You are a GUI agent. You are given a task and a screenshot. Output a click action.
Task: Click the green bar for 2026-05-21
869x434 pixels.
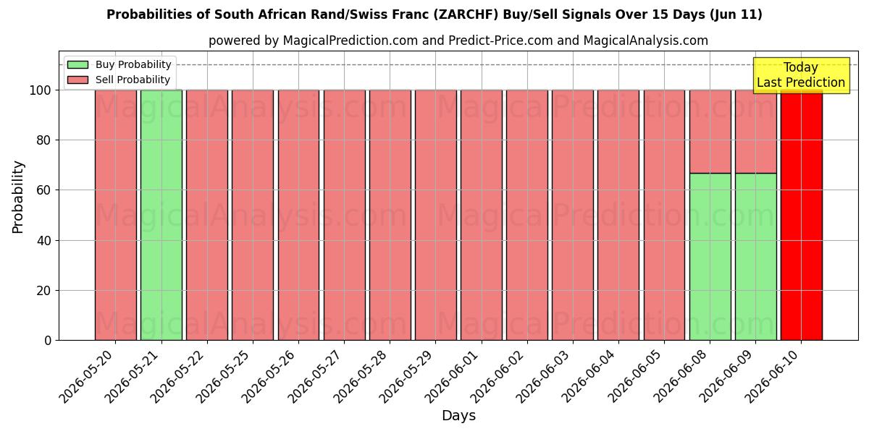pyautogui.click(x=161, y=215)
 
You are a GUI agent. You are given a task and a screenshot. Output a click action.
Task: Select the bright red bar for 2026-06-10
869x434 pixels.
pyautogui.click(x=802, y=215)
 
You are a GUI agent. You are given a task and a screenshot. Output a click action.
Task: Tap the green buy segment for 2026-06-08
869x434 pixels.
pyautogui.click(x=710, y=257)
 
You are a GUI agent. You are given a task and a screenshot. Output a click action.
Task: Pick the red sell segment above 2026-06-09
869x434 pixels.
pyautogui.click(x=756, y=132)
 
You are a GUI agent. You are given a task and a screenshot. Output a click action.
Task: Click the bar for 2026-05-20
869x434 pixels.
pyautogui.click(x=116, y=215)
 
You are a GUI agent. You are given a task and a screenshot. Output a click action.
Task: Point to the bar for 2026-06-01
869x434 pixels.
pyautogui.click(x=482, y=215)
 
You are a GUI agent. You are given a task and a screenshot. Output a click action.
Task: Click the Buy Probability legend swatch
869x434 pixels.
pyautogui.click(x=77, y=64)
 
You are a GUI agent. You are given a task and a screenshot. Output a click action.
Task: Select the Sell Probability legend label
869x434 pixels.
pyautogui.click(x=133, y=80)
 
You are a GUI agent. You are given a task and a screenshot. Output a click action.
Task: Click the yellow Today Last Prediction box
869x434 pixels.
pyautogui.click(x=801, y=75)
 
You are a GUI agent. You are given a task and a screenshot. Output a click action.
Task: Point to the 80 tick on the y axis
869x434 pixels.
pyautogui.click(x=43, y=140)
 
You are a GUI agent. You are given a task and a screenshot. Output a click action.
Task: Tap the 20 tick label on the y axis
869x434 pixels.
pyautogui.click(x=43, y=291)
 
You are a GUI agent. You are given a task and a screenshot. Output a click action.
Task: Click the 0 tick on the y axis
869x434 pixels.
pyautogui.click(x=48, y=341)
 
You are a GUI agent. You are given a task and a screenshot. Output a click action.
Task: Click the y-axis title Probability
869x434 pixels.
pyautogui.click(x=18, y=197)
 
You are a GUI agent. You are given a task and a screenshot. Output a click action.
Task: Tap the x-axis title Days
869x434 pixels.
pyautogui.click(x=458, y=416)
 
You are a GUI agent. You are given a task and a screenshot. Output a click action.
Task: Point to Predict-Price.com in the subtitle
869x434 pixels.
pyautogui.click(x=500, y=41)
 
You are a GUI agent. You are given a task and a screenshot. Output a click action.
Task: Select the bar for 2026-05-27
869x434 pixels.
pyautogui.click(x=345, y=215)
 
